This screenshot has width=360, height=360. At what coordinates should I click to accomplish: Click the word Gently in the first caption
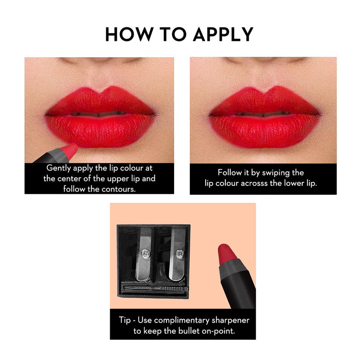[x=58, y=168]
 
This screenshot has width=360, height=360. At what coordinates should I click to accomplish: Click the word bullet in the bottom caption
[x=189, y=330]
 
